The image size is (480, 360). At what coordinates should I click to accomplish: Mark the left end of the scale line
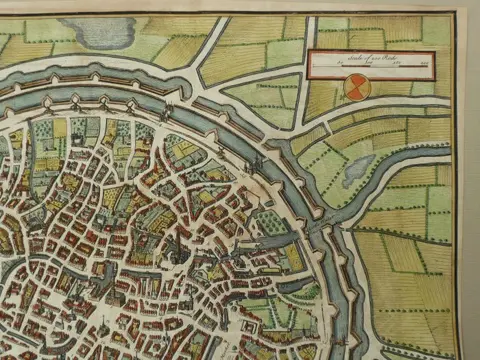click(x=314, y=69)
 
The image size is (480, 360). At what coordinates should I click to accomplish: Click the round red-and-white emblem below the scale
click(x=356, y=88)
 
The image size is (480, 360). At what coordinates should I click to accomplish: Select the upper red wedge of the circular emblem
click(x=356, y=82)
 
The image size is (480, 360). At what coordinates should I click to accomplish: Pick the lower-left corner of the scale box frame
click(x=308, y=78)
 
